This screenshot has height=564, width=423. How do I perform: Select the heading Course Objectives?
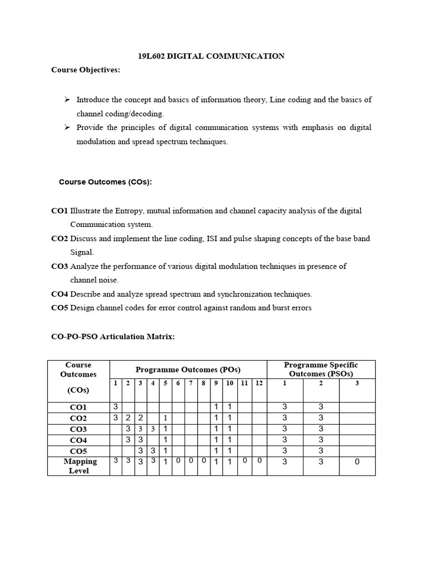[x=85, y=70]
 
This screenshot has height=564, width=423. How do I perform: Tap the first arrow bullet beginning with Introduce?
[x=67, y=100]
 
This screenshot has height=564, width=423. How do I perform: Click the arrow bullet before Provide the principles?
[x=67, y=127]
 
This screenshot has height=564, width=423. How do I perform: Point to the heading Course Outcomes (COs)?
[x=105, y=182]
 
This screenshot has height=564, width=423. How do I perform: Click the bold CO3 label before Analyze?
[x=59, y=267]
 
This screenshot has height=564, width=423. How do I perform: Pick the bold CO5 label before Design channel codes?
[x=59, y=308]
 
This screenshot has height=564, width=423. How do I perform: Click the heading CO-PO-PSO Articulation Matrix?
[x=113, y=337]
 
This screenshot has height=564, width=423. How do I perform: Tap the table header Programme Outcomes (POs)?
[x=188, y=370]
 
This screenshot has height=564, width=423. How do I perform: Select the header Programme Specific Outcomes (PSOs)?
[x=321, y=370]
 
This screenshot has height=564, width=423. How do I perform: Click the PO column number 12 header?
[x=259, y=383]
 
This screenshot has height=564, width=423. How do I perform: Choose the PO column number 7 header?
[x=191, y=383]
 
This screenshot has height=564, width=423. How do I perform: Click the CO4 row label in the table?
[x=78, y=441]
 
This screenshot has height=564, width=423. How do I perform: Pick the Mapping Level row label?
[x=79, y=466]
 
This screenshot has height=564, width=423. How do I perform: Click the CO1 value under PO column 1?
[x=116, y=406]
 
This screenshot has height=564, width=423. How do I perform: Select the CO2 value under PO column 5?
[x=165, y=418]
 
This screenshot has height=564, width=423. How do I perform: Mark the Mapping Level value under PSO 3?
[x=356, y=462]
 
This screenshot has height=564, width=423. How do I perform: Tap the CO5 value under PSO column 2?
[x=321, y=451]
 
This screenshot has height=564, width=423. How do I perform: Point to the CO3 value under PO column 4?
[x=153, y=429]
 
